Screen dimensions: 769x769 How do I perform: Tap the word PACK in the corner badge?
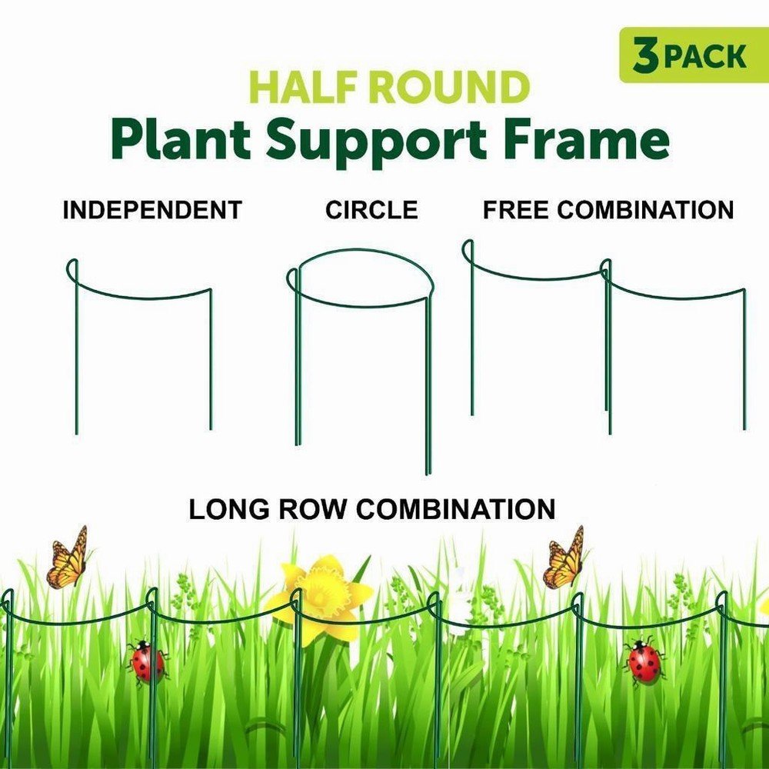click(x=705, y=56)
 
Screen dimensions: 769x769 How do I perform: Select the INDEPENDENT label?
click(x=152, y=210)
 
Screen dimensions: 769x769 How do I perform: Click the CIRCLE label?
click(x=371, y=210)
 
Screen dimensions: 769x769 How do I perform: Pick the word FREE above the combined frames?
click(x=515, y=210)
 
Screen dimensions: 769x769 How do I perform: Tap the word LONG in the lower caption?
click(x=229, y=508)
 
